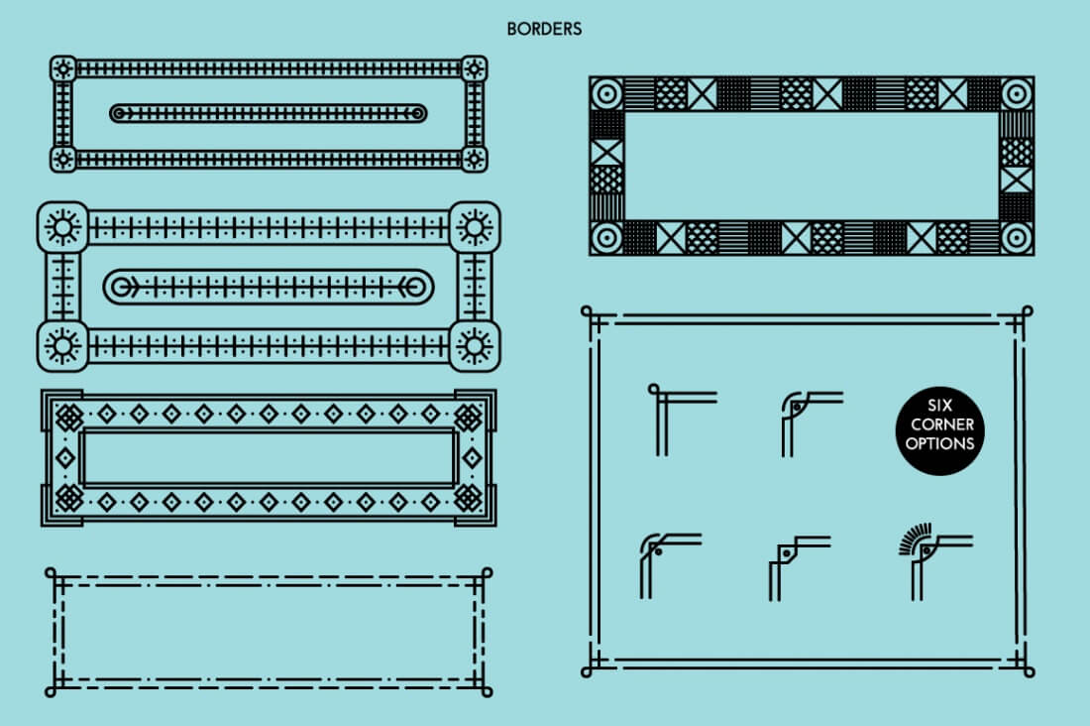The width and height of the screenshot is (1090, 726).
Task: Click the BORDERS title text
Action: coord(544,29)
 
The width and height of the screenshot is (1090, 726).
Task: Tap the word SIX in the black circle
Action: coord(938,406)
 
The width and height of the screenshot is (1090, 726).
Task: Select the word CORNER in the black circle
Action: coord(938,424)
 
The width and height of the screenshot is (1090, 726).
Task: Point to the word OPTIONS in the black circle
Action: coord(938,443)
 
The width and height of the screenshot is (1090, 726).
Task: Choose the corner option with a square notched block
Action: coord(797,565)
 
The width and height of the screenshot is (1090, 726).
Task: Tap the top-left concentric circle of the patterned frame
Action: coord(606,94)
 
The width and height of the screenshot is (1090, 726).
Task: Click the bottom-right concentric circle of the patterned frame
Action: coord(1017,238)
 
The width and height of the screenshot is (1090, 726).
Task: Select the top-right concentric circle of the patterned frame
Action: coord(1017,94)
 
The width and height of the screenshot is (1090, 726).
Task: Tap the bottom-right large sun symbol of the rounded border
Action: coord(475,345)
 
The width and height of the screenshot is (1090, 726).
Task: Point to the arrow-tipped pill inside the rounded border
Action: coord(269,288)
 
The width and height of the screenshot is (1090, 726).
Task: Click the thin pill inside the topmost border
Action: coord(269,113)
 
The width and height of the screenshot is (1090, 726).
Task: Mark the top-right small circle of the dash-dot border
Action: coord(487,571)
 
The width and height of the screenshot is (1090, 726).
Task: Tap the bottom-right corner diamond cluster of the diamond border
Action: coord(467,497)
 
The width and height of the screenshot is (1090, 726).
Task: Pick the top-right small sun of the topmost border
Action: coord(475,68)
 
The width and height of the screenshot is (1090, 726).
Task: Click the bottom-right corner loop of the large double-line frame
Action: coord(1030,671)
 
